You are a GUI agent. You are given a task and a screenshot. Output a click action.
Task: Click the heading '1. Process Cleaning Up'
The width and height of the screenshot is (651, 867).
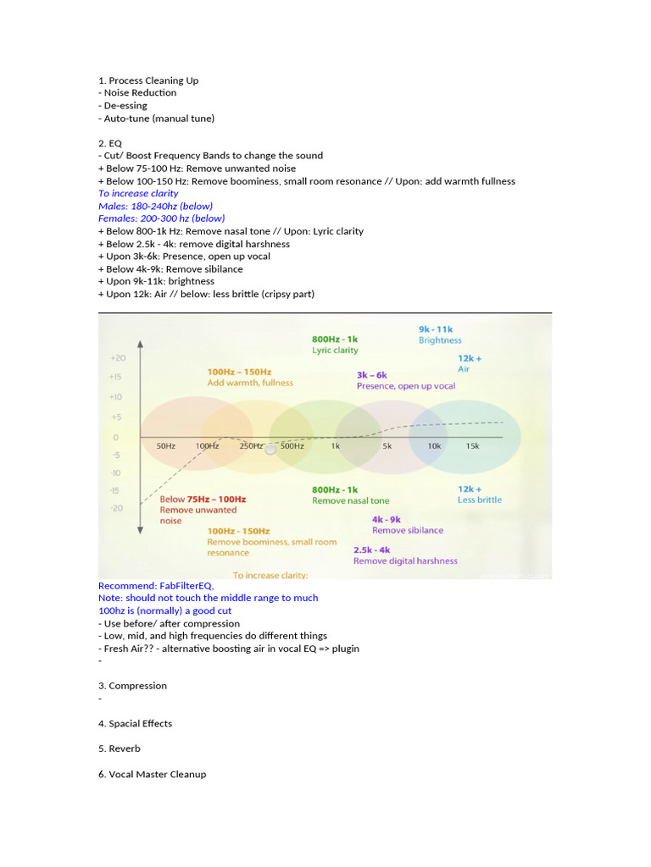click(x=148, y=80)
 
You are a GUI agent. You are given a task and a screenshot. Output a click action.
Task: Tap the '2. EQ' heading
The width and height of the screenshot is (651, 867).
click(x=110, y=143)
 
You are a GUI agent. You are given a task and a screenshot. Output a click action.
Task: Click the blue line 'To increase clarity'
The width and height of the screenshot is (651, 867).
click(x=138, y=193)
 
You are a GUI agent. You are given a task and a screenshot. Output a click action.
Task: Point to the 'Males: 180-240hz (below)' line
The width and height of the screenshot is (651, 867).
click(x=155, y=206)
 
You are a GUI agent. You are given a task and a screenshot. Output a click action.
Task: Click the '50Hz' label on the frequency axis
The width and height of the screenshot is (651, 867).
click(x=165, y=446)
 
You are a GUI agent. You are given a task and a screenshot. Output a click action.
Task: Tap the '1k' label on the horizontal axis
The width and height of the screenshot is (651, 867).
click(x=336, y=446)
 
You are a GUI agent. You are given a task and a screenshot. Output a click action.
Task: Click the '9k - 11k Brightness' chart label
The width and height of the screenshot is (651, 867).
click(x=440, y=334)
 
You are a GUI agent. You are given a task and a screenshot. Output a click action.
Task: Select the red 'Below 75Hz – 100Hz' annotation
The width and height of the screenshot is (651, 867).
click(x=203, y=500)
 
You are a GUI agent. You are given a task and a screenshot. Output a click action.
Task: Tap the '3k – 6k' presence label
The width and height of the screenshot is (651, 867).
click(x=372, y=374)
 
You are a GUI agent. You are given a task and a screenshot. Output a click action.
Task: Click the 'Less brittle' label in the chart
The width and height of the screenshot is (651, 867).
click(x=480, y=500)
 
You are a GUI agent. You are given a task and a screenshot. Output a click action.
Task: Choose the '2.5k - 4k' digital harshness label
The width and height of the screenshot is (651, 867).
click(x=372, y=549)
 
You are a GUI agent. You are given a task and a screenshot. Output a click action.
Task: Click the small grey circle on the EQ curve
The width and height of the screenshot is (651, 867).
click(x=270, y=449)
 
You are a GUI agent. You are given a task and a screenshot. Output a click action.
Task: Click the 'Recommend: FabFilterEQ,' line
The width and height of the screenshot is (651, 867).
click(x=156, y=585)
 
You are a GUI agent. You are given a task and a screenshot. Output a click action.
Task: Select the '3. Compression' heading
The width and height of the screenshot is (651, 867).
click(x=132, y=686)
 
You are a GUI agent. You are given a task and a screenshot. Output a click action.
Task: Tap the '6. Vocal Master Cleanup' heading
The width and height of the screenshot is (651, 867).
click(x=152, y=774)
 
